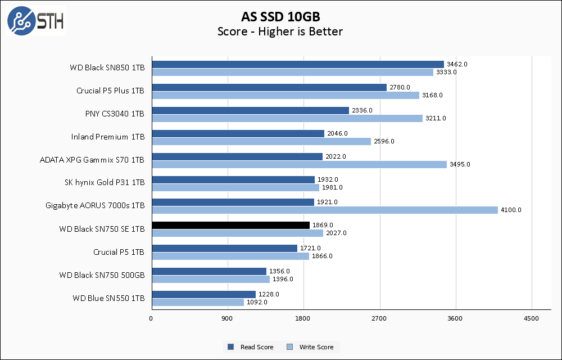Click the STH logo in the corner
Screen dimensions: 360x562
[x=36, y=20]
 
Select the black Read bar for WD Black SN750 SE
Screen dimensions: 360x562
[x=230, y=225]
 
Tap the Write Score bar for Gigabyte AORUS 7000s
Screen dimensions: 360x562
[x=324, y=210]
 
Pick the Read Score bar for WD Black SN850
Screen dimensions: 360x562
[x=297, y=64]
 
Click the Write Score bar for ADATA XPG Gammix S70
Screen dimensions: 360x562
[x=299, y=164]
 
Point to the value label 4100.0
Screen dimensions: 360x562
[x=511, y=210]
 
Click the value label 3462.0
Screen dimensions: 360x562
[x=457, y=64]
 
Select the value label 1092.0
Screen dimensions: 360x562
[x=257, y=302]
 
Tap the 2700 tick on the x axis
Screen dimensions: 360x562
[x=379, y=319]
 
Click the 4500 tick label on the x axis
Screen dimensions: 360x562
[x=531, y=319]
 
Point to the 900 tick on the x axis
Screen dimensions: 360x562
[x=228, y=319]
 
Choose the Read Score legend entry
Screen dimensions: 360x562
[x=251, y=347]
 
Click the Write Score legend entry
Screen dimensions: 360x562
[x=310, y=347]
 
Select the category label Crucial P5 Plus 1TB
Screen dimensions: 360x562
[x=110, y=91]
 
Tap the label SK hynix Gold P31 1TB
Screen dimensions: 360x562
[x=105, y=183]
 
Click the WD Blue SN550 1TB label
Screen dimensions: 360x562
[x=108, y=298]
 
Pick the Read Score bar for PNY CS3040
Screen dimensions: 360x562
[x=250, y=110]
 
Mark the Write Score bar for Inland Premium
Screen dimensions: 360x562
[x=261, y=141]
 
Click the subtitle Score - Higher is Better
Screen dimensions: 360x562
[x=280, y=31]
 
